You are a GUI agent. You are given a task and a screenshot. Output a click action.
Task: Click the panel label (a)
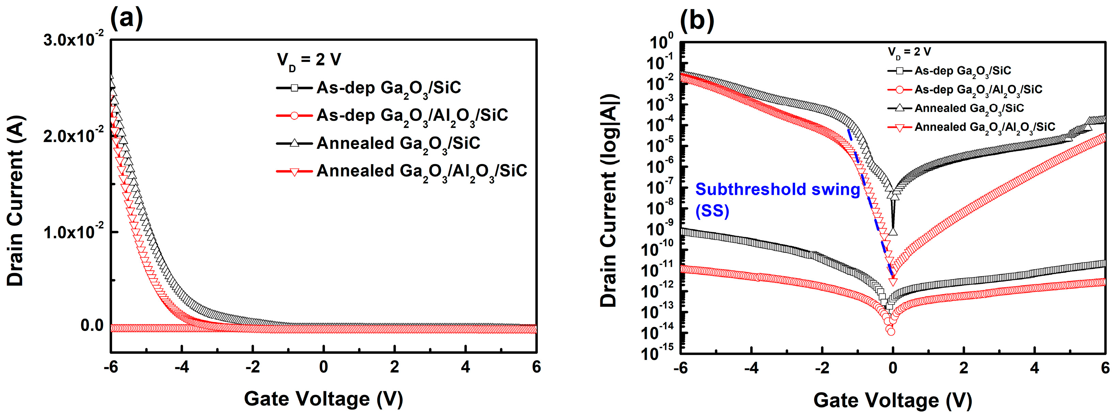(126, 19)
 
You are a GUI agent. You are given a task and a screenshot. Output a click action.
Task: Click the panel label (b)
(696, 20)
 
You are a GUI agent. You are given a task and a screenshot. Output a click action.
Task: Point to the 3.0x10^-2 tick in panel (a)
(73, 40)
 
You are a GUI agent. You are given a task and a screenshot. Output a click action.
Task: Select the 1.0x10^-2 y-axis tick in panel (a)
(73, 232)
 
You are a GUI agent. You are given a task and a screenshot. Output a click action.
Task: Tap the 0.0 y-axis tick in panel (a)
(92, 325)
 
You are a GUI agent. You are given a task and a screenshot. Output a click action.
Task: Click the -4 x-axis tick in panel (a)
(182, 367)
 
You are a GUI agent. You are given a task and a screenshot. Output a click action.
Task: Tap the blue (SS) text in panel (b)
(712, 211)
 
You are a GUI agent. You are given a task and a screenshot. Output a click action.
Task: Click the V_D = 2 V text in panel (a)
(309, 60)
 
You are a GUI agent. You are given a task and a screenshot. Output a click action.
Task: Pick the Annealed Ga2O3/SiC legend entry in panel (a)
(398, 143)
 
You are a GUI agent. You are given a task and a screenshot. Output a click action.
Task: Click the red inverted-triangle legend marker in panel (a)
(294, 172)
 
